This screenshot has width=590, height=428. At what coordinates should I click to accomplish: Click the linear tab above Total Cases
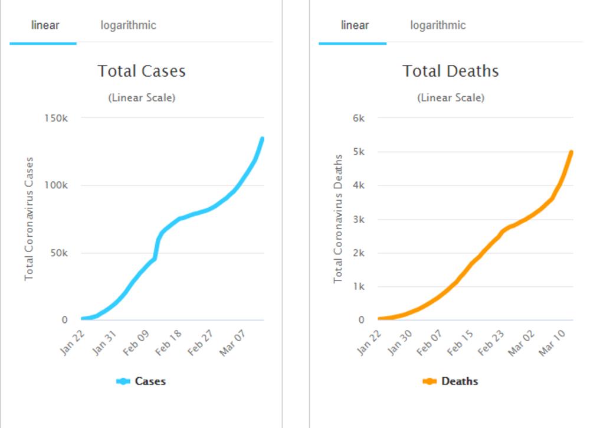click(x=45, y=25)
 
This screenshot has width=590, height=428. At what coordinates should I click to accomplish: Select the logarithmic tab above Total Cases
click(x=128, y=25)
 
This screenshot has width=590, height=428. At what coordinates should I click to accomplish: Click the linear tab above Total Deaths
click(x=355, y=25)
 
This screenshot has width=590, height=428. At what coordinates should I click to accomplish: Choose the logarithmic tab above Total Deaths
click(x=438, y=25)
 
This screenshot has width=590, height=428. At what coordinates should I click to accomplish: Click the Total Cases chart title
click(x=142, y=71)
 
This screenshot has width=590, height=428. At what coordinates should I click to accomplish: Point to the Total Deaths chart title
click(x=451, y=71)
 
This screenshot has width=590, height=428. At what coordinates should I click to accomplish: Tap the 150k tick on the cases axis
click(x=57, y=118)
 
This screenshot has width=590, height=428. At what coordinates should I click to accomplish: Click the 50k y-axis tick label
click(x=58, y=253)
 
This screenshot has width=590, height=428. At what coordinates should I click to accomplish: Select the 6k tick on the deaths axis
click(x=359, y=118)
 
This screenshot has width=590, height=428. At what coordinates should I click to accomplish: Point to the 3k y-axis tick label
click(x=359, y=220)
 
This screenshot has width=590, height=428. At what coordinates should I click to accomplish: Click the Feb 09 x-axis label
click(x=135, y=344)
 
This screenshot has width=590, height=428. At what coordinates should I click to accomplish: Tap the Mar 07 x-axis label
click(x=231, y=344)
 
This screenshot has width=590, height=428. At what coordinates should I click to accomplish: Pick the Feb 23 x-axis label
click(x=491, y=344)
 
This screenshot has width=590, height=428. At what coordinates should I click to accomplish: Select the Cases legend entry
click(x=142, y=381)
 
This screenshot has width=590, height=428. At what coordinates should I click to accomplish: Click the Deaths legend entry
click(x=451, y=381)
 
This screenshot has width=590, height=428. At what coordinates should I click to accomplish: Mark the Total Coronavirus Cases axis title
click(x=29, y=218)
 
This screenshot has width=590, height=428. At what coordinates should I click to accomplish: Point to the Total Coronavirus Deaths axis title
click(x=338, y=218)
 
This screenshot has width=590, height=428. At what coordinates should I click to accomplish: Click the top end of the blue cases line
click(x=261, y=139)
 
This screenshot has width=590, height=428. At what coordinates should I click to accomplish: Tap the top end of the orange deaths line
click(x=571, y=152)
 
